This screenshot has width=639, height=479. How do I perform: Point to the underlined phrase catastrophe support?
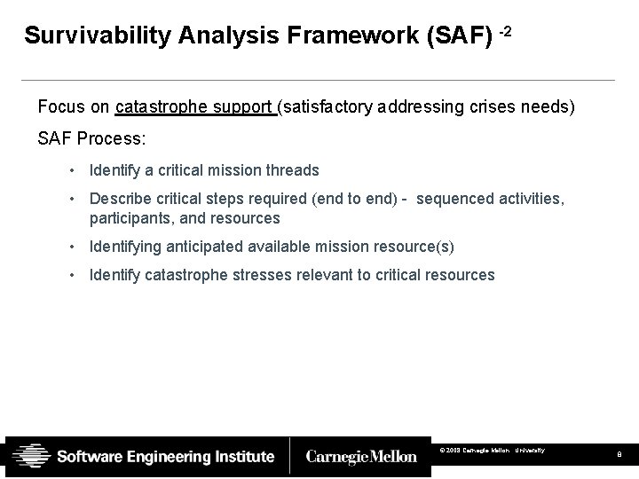pos(195,107)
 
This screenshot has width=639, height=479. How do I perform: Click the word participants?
pos(130,218)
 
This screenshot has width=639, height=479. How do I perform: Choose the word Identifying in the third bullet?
pos(126,247)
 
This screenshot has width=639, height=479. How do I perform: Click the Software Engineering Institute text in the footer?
pos(166,457)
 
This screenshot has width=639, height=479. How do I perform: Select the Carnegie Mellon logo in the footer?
pos(360,457)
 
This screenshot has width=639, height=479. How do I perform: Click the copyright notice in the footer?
pos(492,452)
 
